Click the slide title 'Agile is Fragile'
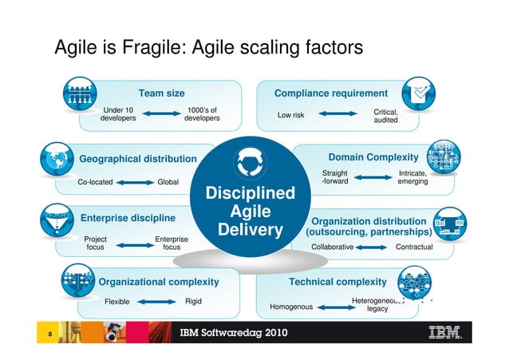tap(208, 49)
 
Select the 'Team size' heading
tap(162, 93)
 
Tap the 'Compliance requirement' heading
tap(330, 93)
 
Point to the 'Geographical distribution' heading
tap(138, 159)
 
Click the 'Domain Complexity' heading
tap(373, 156)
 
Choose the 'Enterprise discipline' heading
tap(128, 217)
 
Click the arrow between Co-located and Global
tap(135, 182)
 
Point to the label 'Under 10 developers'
tap(118, 114)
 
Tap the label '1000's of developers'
tap(202, 114)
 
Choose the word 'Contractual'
tap(414, 247)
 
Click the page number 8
tap(49, 334)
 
